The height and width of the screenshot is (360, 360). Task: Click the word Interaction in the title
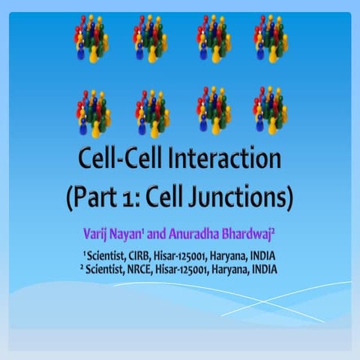[224, 160]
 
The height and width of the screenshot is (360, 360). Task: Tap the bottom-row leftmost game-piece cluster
[93, 111]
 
